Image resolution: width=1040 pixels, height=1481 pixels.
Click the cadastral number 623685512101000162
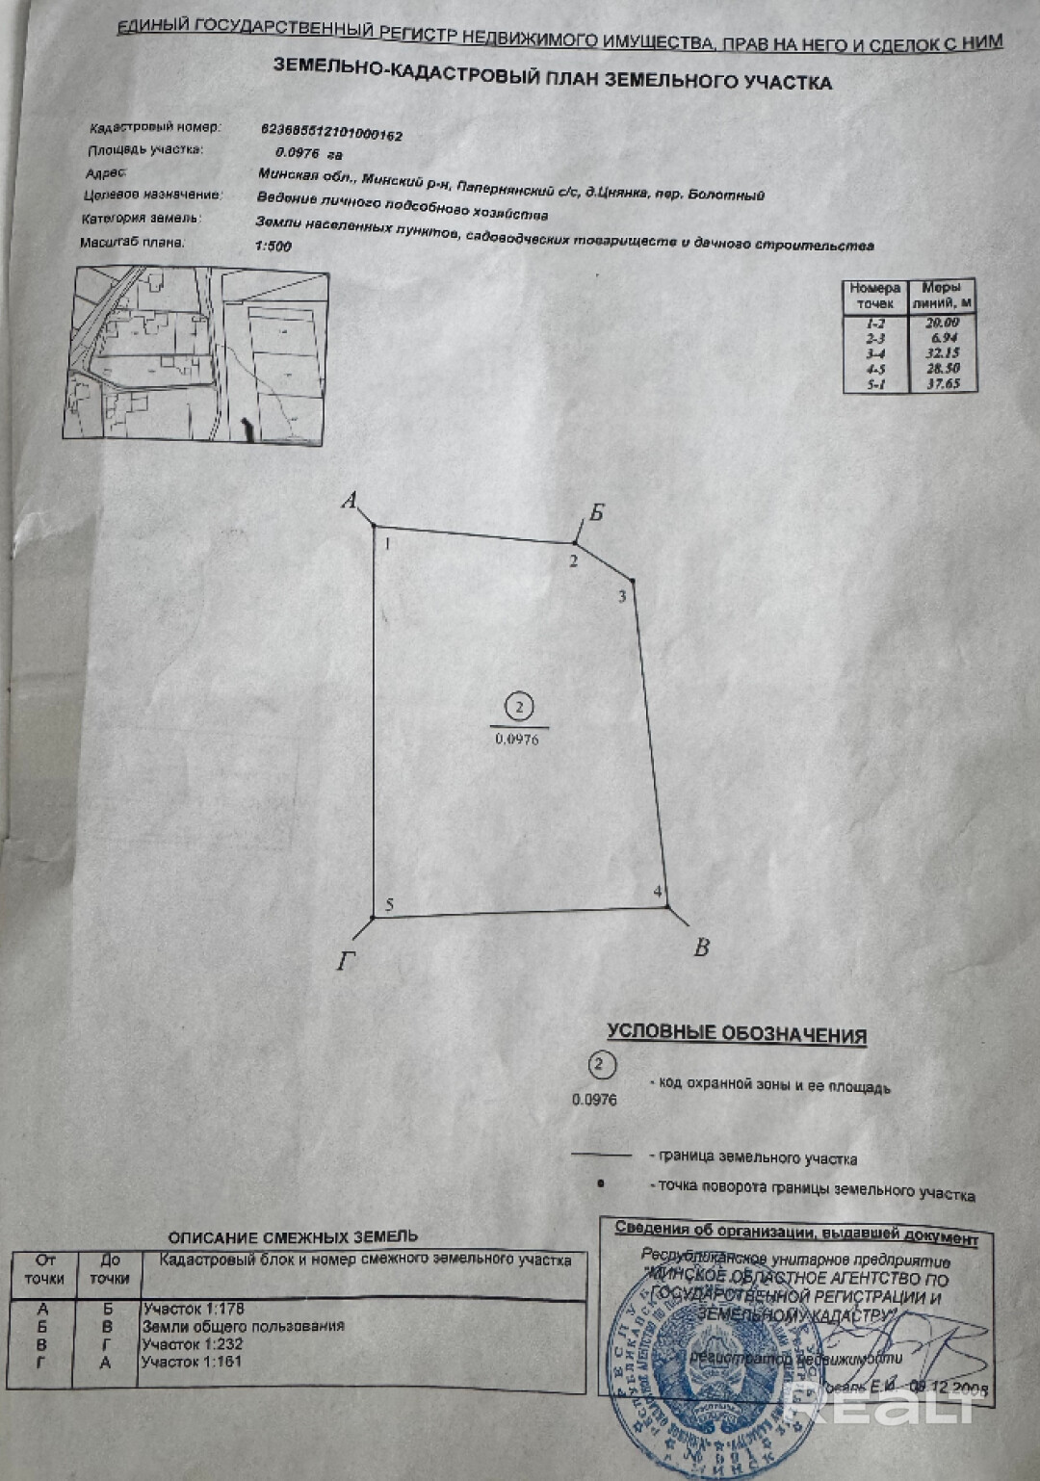pyautogui.click(x=331, y=132)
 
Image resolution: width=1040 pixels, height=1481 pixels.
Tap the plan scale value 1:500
pyautogui.click(x=273, y=246)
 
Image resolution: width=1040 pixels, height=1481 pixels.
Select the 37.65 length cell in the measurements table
pyautogui.click(x=943, y=383)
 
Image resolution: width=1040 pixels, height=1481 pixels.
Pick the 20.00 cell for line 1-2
pyautogui.click(x=942, y=323)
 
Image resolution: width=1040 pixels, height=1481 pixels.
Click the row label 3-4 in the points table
pyautogui.click(x=875, y=353)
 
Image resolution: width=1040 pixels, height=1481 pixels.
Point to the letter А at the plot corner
pyautogui.click(x=350, y=500)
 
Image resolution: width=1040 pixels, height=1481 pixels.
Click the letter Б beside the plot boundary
pyautogui.click(x=597, y=512)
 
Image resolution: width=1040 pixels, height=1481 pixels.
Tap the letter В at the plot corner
pyautogui.click(x=701, y=948)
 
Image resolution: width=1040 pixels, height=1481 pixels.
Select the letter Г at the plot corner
pyautogui.click(x=347, y=961)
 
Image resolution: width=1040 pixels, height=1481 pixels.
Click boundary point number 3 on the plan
pyautogui.click(x=622, y=596)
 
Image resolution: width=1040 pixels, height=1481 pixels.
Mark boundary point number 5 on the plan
pyautogui.click(x=389, y=904)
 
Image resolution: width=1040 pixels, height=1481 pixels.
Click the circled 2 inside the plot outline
pyautogui.click(x=519, y=708)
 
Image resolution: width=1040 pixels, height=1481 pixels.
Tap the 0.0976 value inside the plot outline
pyautogui.click(x=517, y=740)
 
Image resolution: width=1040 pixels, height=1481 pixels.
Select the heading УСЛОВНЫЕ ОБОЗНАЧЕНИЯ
pyautogui.click(x=737, y=1033)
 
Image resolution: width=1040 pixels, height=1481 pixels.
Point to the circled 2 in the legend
pyautogui.click(x=601, y=1065)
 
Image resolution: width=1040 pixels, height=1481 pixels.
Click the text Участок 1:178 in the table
pyautogui.click(x=194, y=1309)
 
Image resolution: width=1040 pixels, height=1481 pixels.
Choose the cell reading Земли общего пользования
pyautogui.click(x=244, y=1326)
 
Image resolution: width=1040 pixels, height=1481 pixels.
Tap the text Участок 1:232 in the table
pyautogui.click(x=193, y=1343)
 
